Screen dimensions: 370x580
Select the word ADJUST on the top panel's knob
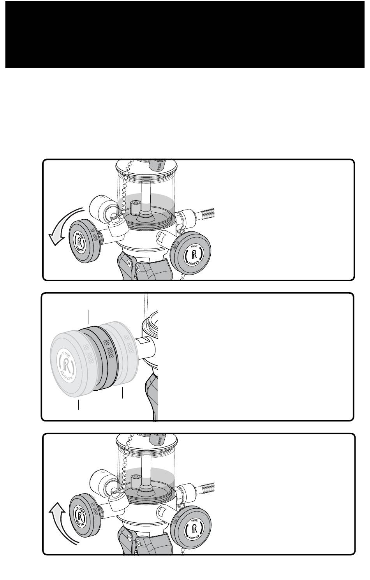194,262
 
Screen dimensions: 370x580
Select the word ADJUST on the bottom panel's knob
194,536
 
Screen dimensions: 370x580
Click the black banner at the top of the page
185,34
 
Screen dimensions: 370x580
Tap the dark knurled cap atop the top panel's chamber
158,164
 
